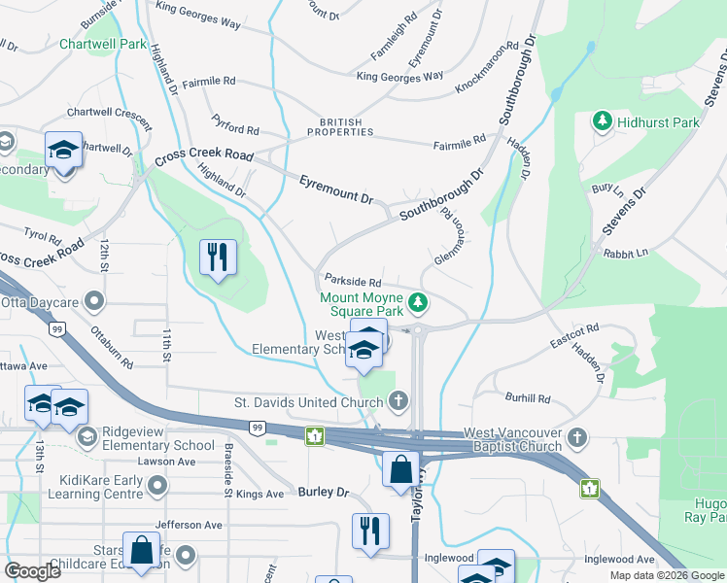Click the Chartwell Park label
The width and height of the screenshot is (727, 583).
102,45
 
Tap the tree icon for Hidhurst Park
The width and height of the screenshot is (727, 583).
603,121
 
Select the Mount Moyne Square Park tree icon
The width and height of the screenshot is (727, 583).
418,303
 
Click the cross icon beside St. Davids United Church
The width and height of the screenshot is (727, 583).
398,400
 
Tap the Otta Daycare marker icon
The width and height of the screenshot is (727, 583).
94,302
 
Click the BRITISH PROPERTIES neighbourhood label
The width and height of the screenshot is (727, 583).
334,127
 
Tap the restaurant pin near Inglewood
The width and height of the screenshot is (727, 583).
370,531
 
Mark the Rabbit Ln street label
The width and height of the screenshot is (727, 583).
625,253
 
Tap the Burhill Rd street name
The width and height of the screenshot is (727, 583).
528,398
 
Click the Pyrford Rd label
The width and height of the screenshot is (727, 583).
236,125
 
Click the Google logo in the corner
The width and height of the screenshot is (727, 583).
33,571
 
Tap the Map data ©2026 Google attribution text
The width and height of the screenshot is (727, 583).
667,574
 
